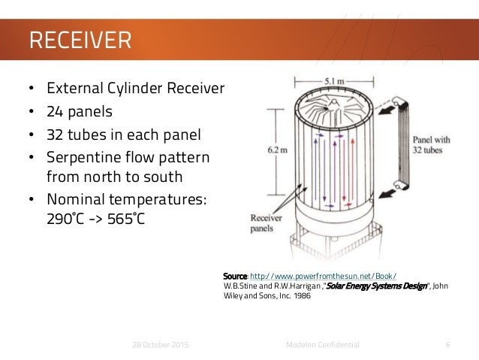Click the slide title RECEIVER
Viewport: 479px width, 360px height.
(x=79, y=38)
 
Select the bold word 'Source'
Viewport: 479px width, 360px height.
(x=236, y=275)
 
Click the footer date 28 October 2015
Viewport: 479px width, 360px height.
(x=158, y=344)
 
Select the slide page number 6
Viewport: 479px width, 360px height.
(x=447, y=344)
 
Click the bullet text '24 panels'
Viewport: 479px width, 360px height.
(x=80, y=113)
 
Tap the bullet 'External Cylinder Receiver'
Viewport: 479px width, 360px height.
(x=135, y=89)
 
